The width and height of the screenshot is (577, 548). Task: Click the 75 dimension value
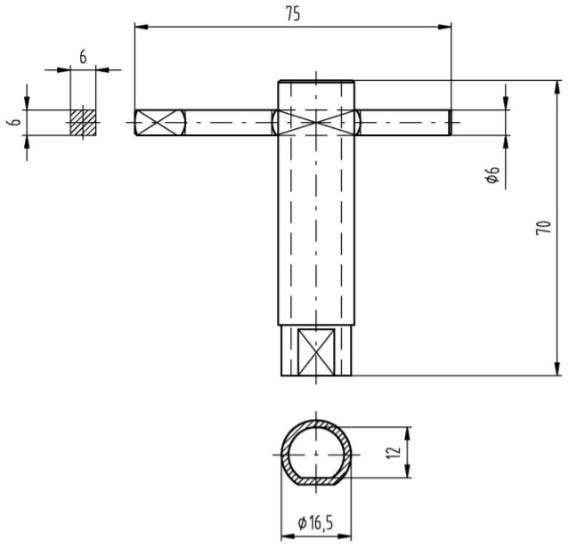(293, 14)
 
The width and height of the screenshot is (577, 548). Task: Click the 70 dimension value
(544, 228)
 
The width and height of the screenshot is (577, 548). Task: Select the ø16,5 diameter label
(316, 522)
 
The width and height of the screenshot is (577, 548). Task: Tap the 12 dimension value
(394, 452)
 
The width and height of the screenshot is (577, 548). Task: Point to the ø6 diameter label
(492, 174)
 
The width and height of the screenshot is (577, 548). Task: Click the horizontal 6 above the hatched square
(83, 57)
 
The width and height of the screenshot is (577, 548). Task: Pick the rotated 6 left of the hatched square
(16, 123)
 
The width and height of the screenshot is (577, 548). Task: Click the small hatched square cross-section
(83, 123)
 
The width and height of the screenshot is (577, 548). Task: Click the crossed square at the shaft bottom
(316, 351)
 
